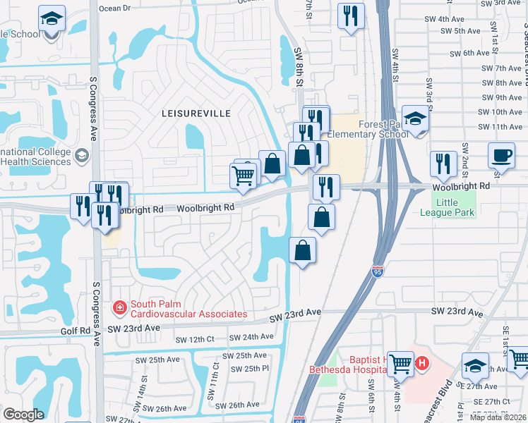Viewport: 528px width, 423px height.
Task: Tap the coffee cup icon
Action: click(x=501, y=154)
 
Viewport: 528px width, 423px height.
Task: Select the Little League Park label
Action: click(x=447, y=207)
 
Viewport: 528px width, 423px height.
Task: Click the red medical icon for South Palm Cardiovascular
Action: click(x=119, y=307)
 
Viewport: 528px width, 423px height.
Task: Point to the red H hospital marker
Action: click(x=422, y=364)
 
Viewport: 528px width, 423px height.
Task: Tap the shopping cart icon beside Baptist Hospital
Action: click(x=400, y=364)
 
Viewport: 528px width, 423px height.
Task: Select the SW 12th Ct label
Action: click(x=194, y=339)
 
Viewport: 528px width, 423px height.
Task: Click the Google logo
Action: click(x=23, y=415)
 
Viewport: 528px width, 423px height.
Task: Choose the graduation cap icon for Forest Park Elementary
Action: click(x=416, y=118)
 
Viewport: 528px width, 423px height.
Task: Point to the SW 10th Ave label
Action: click(x=500, y=112)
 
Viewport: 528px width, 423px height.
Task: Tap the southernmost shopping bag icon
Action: click(x=302, y=250)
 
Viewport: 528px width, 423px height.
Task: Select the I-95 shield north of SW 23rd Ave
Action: click(x=378, y=271)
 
